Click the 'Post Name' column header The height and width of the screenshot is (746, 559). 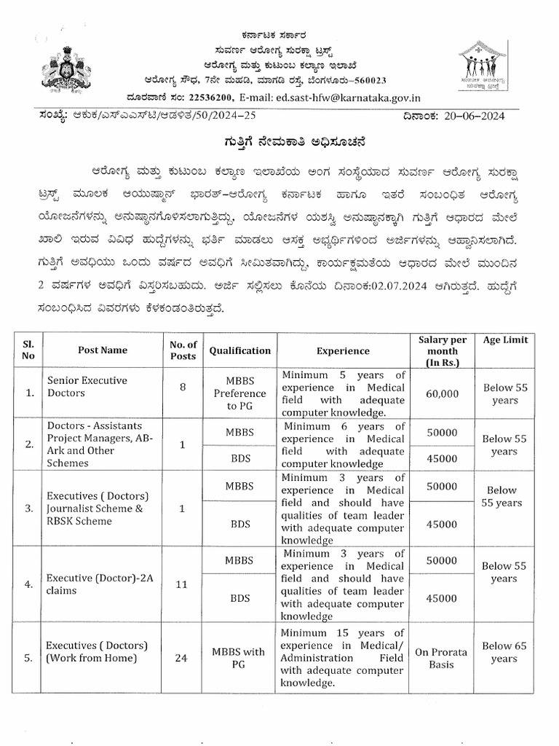[x=103, y=350]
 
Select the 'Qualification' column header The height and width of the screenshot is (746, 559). [x=239, y=350]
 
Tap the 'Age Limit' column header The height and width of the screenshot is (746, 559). [x=505, y=340]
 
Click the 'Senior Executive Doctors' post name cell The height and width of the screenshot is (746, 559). [x=87, y=387]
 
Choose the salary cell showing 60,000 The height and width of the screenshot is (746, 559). [x=443, y=393]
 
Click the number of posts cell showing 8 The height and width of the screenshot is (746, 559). [x=183, y=387]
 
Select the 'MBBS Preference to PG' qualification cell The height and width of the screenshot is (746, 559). [x=239, y=393]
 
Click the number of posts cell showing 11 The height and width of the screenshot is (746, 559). [x=183, y=584]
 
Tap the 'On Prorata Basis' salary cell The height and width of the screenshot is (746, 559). [x=442, y=658]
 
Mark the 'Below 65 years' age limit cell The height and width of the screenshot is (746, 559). [x=504, y=652]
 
